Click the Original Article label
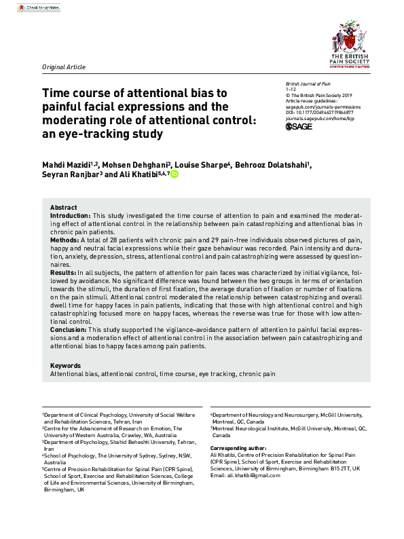tap(64, 67)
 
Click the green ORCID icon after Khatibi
tap(175, 174)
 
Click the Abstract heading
tap(64, 207)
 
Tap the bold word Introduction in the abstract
tap(70, 215)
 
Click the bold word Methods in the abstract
tap(64, 240)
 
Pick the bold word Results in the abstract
tap(63, 272)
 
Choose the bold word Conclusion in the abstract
tap(68, 329)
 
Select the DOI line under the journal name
tap(319, 112)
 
